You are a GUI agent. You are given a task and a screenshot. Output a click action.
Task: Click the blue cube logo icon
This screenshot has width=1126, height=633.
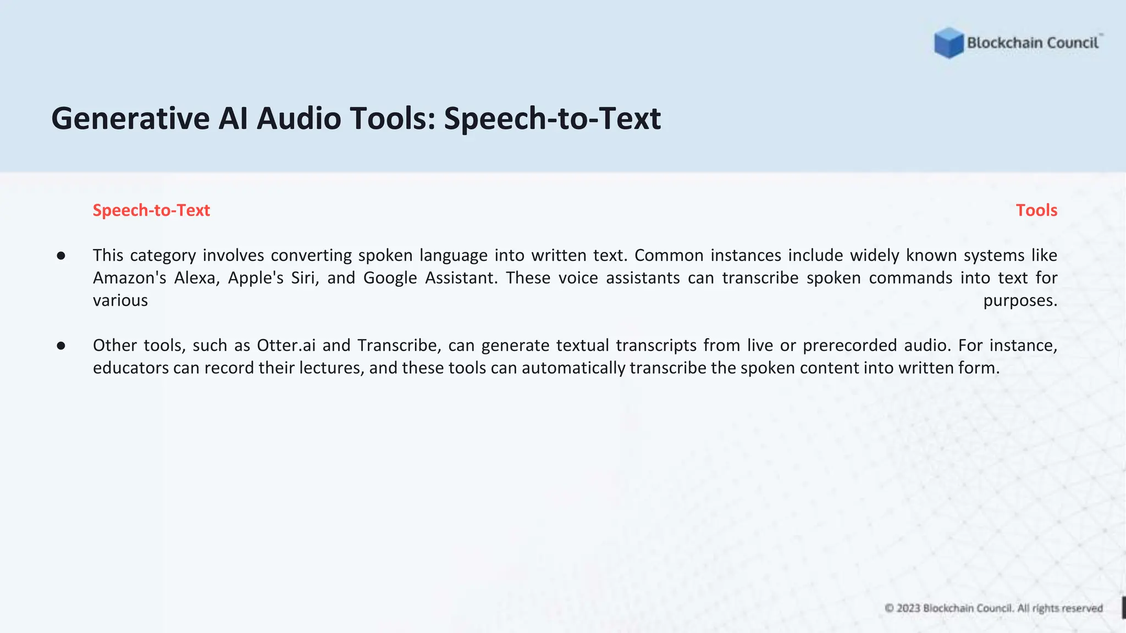[x=948, y=43]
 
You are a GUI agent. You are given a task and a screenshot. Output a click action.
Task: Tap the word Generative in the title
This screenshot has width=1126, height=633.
[x=130, y=119]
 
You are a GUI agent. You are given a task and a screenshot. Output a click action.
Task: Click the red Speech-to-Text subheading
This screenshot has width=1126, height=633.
[x=151, y=210]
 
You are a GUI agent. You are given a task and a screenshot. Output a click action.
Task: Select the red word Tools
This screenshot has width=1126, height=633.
[x=1036, y=210]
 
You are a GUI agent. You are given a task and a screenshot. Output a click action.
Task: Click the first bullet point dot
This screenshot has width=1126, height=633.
[x=61, y=256]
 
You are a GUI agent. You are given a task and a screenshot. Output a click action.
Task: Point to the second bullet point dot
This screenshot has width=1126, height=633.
[x=61, y=346]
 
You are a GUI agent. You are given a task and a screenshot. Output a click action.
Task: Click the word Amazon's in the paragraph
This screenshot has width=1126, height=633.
[x=129, y=278]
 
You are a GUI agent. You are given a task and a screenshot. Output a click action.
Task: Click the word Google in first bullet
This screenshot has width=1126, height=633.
[x=390, y=278]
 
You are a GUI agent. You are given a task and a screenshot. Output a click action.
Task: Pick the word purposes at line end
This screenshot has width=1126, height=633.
[x=1020, y=301]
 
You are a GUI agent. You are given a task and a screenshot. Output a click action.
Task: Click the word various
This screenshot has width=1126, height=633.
[x=120, y=301]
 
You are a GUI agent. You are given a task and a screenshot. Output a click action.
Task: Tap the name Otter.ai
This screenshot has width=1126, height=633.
[x=286, y=346]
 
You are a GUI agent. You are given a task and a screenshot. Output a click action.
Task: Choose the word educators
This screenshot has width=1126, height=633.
[x=131, y=368]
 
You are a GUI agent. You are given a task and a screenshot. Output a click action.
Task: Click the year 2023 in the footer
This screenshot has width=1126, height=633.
[x=908, y=608]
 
